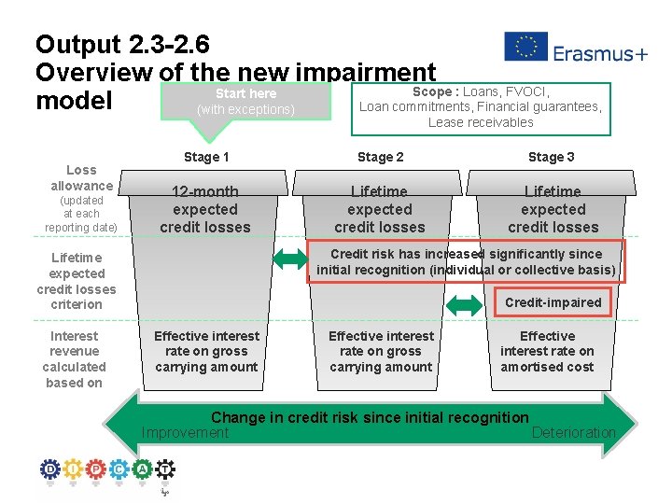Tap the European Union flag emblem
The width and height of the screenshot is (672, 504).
525,47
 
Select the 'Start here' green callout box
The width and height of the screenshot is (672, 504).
245,101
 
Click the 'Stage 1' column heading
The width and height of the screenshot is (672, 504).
206,157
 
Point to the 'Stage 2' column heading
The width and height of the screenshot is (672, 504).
380,157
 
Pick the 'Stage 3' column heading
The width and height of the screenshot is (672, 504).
552,157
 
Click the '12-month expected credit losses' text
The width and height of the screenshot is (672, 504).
205,210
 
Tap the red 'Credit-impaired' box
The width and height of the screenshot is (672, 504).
553,302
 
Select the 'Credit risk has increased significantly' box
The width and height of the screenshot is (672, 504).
466,262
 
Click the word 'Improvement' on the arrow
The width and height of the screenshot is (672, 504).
185,432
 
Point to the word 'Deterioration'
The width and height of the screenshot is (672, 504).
573,432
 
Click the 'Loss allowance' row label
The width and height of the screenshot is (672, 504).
81,177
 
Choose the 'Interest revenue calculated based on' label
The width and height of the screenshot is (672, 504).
75,359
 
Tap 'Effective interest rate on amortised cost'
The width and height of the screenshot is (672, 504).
547,351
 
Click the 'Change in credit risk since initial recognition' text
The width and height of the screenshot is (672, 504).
370,417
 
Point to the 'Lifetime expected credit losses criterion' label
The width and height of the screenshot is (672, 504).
77,280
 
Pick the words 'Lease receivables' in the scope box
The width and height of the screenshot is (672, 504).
481,122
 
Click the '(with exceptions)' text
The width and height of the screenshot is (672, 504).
245,110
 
